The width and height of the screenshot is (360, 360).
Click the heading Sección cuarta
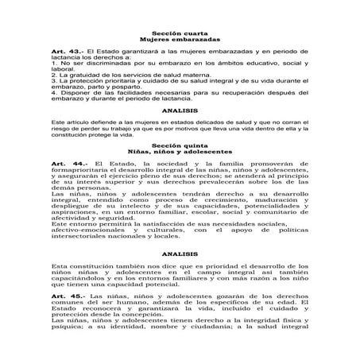[x=180, y=33]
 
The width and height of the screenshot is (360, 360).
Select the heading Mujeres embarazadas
[x=180, y=39]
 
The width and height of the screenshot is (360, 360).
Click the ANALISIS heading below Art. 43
[x=179, y=111]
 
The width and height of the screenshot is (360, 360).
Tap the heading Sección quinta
[x=180, y=145]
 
